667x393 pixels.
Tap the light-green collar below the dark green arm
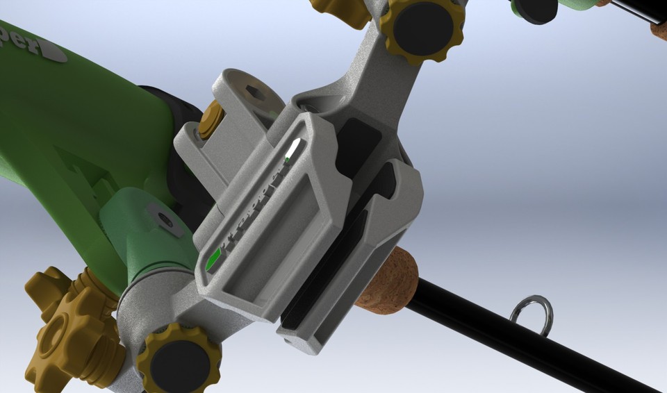pyautogui.click(x=139, y=236)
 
